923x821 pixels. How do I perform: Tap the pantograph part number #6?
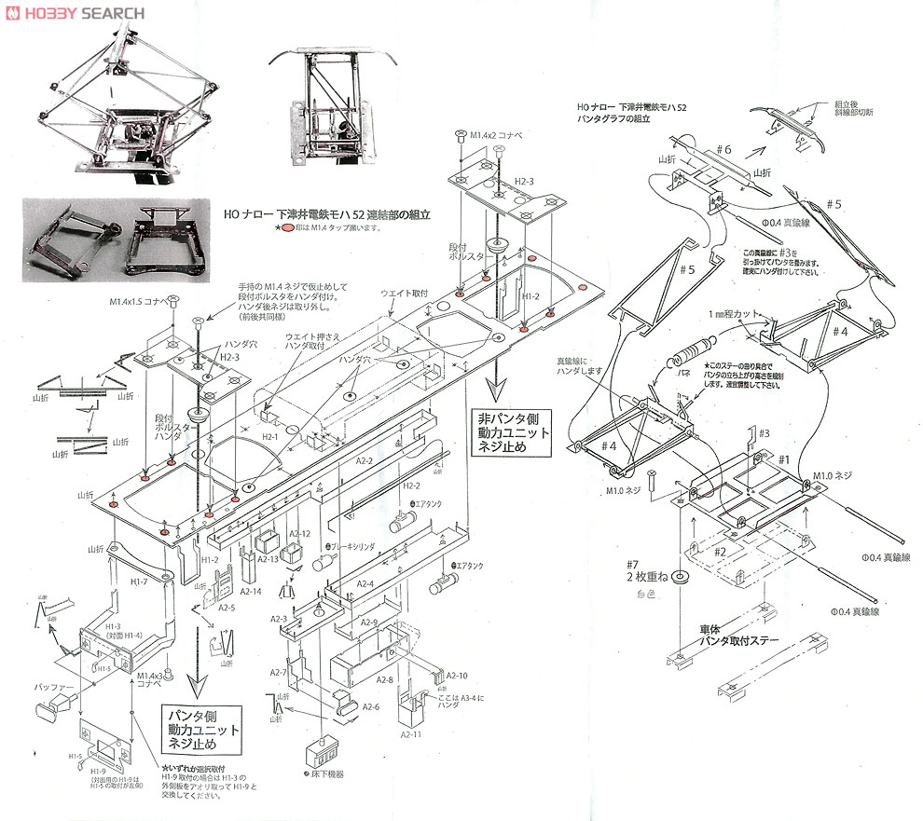725,150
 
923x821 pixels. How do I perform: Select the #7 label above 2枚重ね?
632,564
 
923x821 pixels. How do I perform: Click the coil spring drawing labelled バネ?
686,359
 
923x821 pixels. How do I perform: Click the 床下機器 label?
325,773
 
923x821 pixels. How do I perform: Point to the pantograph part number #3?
762,433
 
